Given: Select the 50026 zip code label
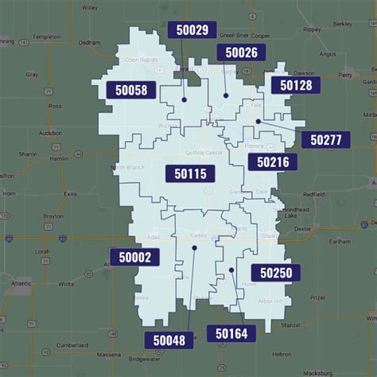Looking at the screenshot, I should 241,52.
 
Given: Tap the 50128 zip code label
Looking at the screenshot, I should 295,84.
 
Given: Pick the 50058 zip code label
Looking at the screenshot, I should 130,90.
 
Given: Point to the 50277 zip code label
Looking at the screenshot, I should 325,140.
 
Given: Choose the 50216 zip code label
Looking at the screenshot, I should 272,162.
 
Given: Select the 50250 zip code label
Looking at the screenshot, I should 275,273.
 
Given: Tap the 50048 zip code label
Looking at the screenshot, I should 169,340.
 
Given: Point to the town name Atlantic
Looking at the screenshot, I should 23,282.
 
